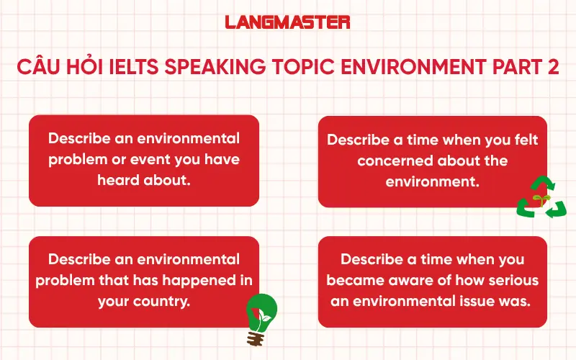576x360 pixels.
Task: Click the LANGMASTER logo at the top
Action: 287,22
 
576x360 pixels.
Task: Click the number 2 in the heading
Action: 552,68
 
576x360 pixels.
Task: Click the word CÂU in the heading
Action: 39,68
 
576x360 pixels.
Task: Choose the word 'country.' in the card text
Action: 163,302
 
